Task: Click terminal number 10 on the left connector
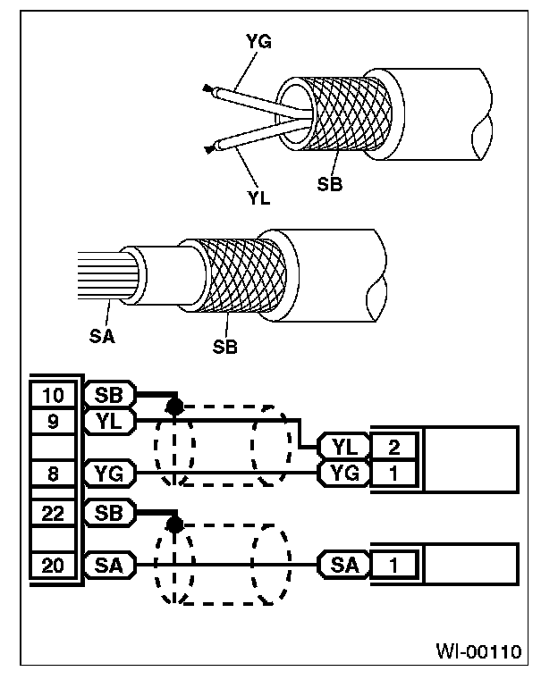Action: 54,394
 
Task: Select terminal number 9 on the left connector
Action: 54,419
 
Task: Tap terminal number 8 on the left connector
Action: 54,473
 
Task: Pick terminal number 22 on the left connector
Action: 54,513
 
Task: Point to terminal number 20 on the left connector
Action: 54,565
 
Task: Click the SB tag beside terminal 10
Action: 108,394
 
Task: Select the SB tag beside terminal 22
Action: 108,513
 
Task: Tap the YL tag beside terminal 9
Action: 108,419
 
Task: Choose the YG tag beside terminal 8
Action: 108,473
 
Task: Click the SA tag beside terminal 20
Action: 108,565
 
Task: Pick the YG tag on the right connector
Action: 345,473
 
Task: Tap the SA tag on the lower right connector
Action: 345,565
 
